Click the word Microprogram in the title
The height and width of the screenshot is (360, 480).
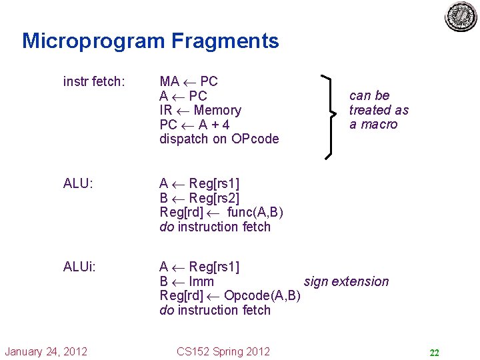[93, 41]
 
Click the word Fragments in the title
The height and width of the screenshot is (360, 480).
[225, 41]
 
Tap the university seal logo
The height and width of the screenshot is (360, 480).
[461, 16]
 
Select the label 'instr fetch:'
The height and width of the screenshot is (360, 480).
[93, 82]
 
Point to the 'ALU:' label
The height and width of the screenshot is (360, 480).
[78, 183]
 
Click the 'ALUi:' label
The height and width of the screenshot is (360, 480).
[79, 267]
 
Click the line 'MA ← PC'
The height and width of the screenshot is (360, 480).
[189, 82]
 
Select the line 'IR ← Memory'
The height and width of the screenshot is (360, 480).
[200, 110]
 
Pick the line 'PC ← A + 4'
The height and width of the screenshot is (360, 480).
[195, 125]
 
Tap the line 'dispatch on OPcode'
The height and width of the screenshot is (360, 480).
[219, 139]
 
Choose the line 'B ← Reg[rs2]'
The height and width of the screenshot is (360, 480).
[199, 198]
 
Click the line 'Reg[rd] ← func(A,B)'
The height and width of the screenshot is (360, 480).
[221, 212]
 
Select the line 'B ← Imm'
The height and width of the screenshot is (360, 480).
[187, 281]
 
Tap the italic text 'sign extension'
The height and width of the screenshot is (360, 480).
[346, 281]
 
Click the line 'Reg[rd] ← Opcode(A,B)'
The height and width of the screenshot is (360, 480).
[230, 295]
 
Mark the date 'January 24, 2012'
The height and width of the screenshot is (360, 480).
[45, 351]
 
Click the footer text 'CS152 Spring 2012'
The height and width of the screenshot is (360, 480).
[223, 351]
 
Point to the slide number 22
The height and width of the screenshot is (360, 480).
[433, 353]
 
